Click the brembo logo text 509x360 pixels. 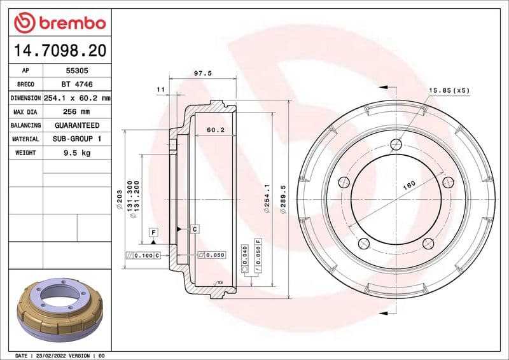[69, 24]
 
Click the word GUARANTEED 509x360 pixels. [76, 125]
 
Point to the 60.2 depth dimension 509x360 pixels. [216, 130]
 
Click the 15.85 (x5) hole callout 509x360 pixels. [449, 90]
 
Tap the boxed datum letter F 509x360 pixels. [153, 232]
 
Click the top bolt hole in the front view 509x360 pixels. [395, 143]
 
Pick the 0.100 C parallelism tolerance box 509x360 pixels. [143, 255]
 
